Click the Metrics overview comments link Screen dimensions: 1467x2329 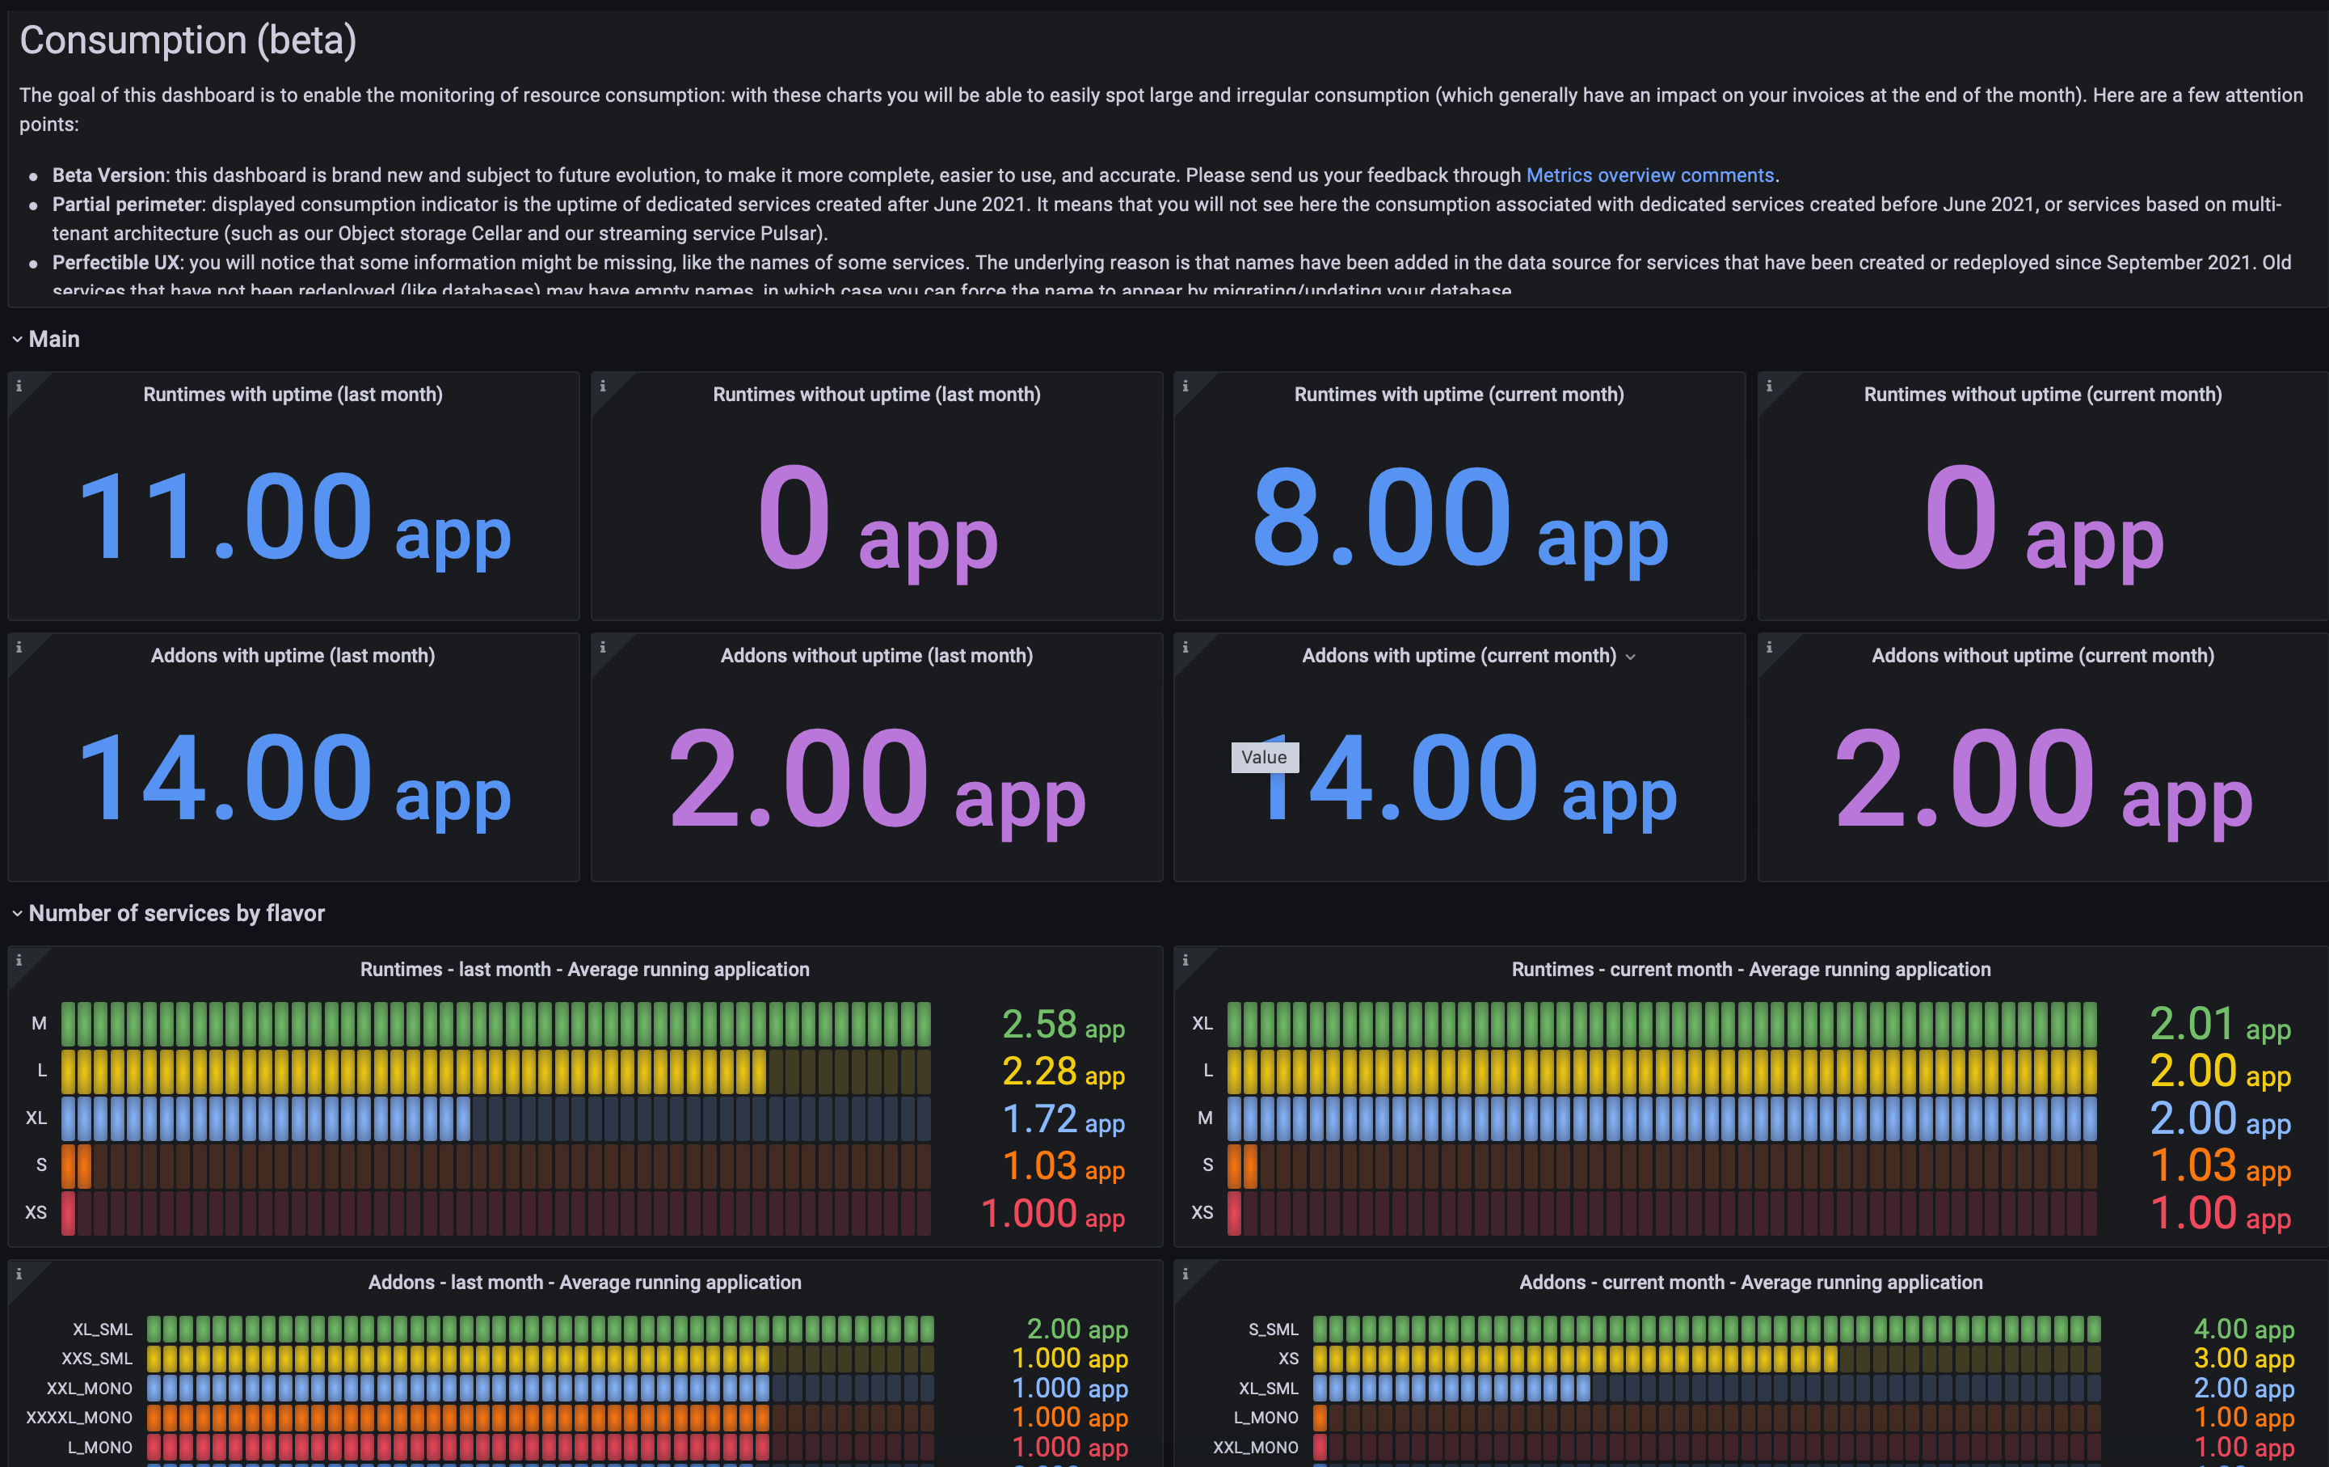(x=1649, y=175)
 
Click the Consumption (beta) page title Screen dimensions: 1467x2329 (x=187, y=40)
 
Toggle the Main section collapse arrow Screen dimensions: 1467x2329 (x=16, y=340)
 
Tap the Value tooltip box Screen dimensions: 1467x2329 (x=1263, y=757)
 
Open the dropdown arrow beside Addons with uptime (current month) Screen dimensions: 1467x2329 (x=1631, y=657)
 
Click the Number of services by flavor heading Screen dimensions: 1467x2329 (x=176, y=914)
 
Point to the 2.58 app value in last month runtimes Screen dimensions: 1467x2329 (x=1062, y=1025)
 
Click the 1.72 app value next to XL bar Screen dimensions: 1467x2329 (x=1062, y=1119)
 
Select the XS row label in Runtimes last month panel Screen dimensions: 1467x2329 (x=36, y=1212)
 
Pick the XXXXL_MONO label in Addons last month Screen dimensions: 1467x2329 (x=79, y=1418)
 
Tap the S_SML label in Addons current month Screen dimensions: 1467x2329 (x=1273, y=1330)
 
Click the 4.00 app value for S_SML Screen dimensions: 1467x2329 (x=2243, y=1330)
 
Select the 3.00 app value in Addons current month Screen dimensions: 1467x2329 (x=2243, y=1359)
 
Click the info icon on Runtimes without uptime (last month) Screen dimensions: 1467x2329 (x=603, y=386)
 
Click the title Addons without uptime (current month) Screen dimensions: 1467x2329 (x=2042, y=656)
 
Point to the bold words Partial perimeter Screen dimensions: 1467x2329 (x=128, y=204)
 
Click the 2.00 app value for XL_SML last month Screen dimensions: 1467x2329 (x=1076, y=1330)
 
